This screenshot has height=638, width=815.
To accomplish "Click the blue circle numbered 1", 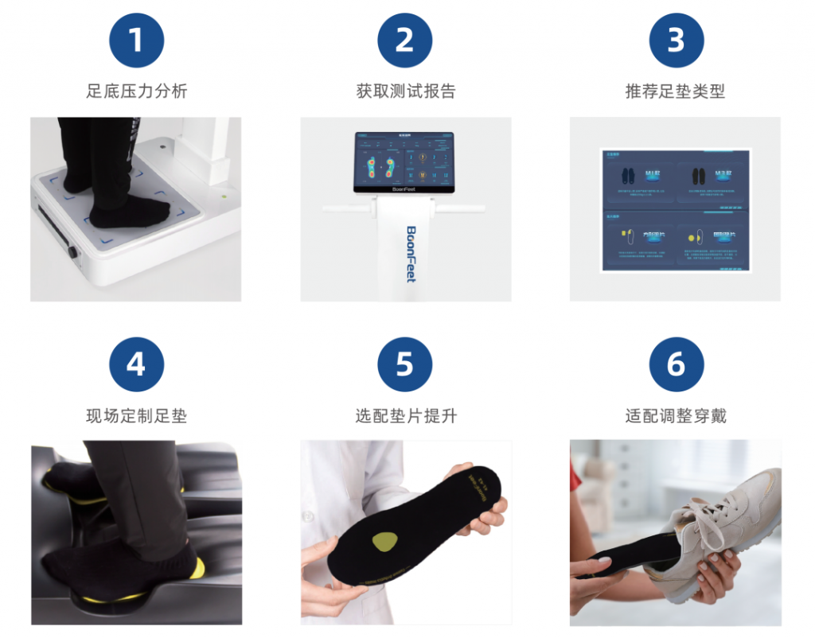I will coord(136,40).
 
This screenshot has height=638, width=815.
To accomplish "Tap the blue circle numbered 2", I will coord(405,40).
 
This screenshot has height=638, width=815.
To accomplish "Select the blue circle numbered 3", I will coord(676,40).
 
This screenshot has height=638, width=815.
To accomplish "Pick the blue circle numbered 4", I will coord(136,364).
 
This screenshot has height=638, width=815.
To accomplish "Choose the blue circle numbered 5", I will coord(405,364).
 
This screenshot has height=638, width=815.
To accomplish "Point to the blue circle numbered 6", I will coord(676,364).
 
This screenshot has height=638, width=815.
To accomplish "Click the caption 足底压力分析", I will coord(136,91).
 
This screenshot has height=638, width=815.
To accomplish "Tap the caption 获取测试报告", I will coord(405,91).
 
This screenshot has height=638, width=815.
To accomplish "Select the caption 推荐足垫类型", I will coord(676,91).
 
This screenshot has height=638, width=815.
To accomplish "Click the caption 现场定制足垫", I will coord(136,415).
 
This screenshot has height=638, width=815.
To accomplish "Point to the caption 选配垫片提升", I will coord(405,415).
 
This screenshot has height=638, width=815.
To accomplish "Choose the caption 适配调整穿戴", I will coord(676,415).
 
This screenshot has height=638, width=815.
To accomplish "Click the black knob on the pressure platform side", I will coord(74,252).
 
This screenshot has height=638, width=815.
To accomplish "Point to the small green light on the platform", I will coord(224,196).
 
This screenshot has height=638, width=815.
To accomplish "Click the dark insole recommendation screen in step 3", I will coord(675,209).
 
